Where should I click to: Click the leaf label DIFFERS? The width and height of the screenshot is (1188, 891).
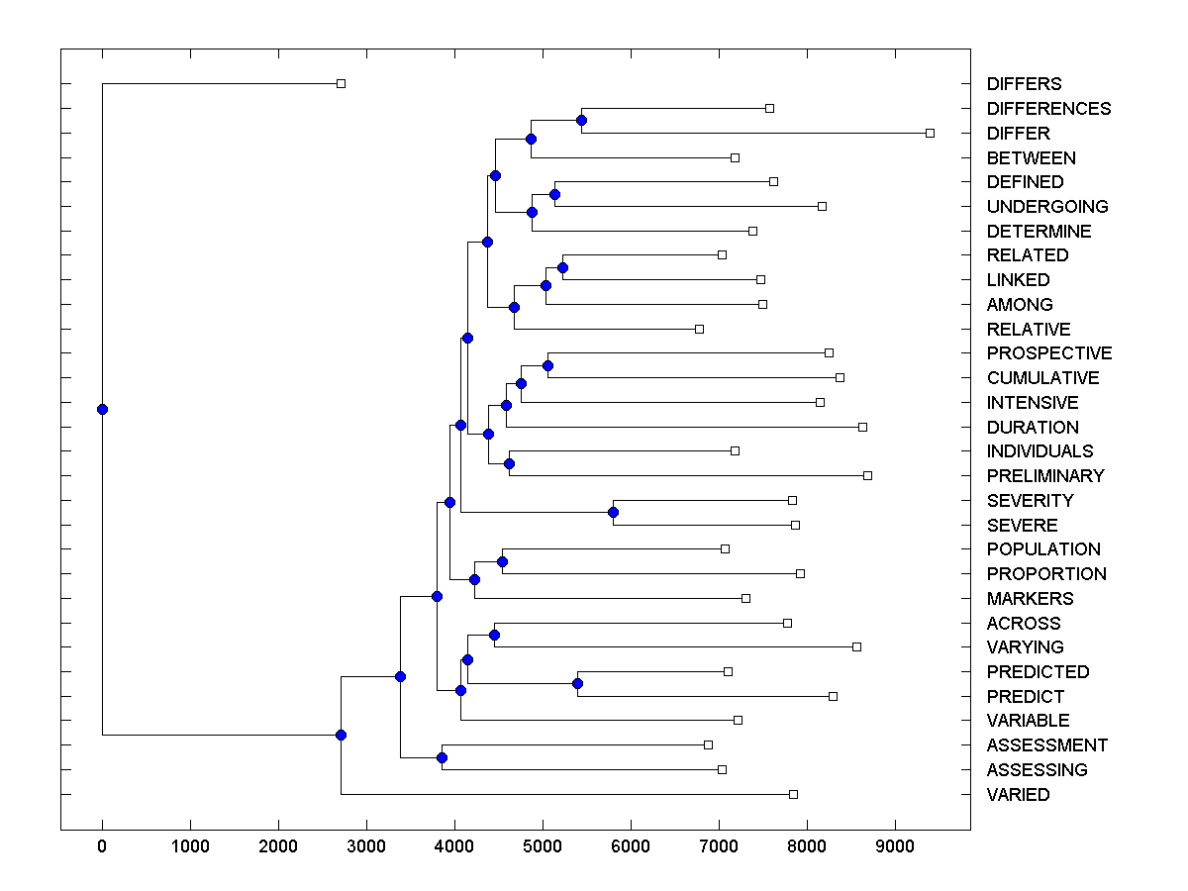[x=1024, y=84]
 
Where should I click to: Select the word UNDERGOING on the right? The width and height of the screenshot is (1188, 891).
[x=1047, y=207]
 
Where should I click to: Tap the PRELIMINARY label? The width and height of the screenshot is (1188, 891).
[x=1045, y=476]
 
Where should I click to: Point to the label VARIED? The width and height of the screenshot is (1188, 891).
[x=1018, y=795]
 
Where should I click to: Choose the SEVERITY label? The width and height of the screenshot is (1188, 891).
[x=1030, y=501]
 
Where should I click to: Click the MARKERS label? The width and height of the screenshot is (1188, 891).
[x=1030, y=599]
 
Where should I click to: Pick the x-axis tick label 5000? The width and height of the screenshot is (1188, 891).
[x=543, y=846]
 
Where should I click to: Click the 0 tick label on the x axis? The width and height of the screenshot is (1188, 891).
[x=102, y=846]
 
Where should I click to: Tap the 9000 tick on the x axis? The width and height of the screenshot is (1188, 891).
[x=895, y=846]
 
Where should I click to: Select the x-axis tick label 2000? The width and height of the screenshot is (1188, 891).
[x=278, y=846]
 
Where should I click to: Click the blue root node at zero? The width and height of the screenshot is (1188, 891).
[x=102, y=409]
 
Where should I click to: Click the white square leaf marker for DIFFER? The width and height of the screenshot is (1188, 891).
[x=930, y=133]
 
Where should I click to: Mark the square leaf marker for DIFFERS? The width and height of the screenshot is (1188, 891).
[x=341, y=83]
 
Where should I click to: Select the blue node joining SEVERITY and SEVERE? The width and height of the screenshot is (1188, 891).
[x=613, y=512]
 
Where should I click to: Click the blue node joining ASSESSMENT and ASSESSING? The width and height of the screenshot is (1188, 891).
[x=442, y=757]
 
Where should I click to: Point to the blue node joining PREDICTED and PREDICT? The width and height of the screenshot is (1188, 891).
[x=577, y=683]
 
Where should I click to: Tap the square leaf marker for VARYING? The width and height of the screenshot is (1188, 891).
[x=856, y=646]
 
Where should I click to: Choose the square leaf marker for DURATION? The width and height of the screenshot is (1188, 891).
[x=862, y=427]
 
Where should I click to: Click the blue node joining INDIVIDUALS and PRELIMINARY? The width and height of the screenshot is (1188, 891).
[x=509, y=463]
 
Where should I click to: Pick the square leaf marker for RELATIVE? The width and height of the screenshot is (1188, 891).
[x=699, y=329]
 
